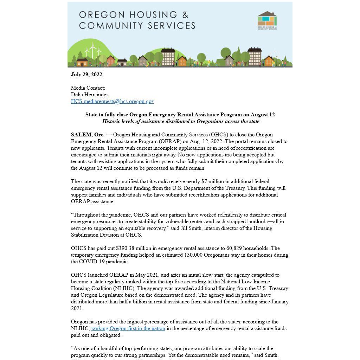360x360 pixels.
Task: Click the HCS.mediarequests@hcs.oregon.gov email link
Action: pyautogui.click(x=112, y=101)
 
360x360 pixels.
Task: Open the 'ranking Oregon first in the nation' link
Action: pyautogui.click(x=128, y=328)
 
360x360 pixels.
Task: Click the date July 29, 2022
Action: pyautogui.click(x=86, y=75)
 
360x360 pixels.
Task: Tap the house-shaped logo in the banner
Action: pyautogui.click(x=267, y=19)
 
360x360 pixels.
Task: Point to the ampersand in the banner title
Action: pyautogui.click(x=185, y=15)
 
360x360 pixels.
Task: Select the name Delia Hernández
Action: pyautogui.click(x=90, y=95)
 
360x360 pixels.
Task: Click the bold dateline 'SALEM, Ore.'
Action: pyautogui.click(x=88, y=135)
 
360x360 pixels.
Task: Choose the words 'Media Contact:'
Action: pyautogui.click(x=88, y=88)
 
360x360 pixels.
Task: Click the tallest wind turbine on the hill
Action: pyautogui.click(x=93, y=50)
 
